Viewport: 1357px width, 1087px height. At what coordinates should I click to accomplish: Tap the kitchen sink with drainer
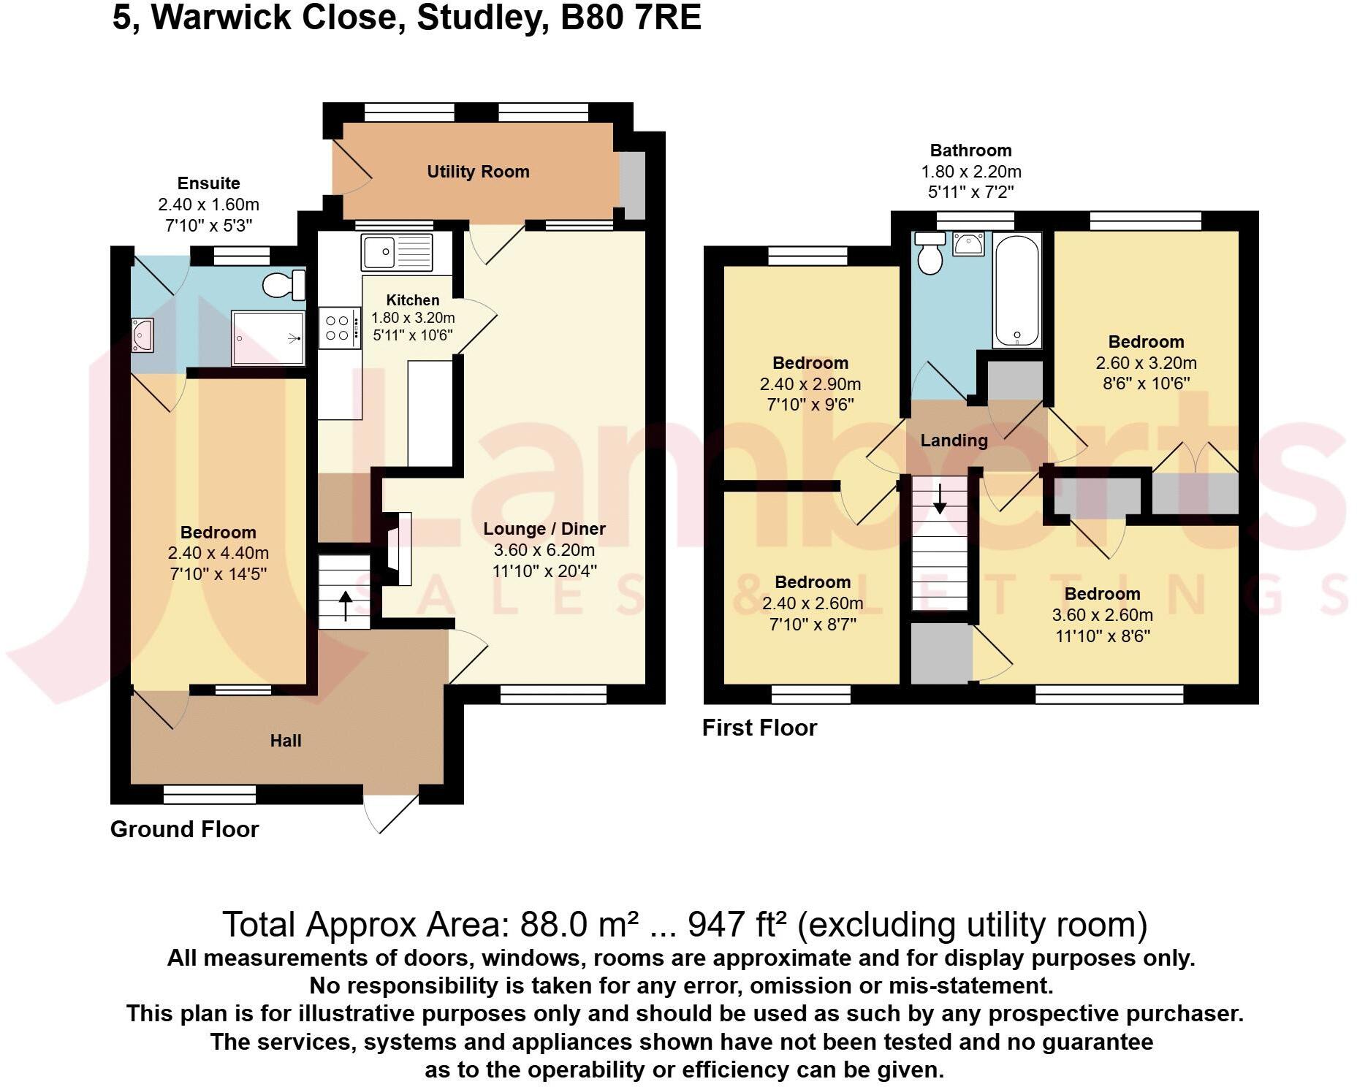(397, 252)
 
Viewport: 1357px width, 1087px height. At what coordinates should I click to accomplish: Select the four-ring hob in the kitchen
(339, 328)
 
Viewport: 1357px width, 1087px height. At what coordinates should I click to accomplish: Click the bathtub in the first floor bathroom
(1016, 290)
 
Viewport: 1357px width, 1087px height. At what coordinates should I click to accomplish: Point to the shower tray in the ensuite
(267, 337)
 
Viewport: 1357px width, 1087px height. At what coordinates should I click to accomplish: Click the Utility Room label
(478, 172)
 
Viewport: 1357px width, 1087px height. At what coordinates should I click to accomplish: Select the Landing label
(954, 440)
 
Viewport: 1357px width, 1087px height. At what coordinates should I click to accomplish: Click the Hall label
(286, 741)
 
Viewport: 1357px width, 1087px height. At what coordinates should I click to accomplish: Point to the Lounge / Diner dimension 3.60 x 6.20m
(544, 550)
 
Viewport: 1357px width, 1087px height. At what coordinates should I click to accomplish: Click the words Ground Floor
(184, 829)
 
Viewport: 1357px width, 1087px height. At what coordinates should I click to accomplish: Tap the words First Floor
(759, 728)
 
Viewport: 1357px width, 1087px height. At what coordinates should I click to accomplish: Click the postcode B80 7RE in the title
(630, 18)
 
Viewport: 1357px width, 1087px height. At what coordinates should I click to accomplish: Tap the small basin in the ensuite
(142, 335)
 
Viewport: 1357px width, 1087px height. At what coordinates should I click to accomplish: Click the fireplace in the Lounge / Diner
(398, 548)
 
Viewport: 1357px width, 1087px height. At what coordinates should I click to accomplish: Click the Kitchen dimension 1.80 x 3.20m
(413, 318)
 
